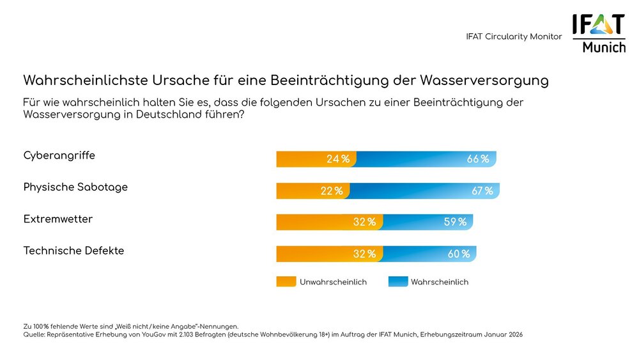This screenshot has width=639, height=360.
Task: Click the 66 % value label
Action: [477, 159]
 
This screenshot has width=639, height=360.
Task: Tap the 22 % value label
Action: [331, 191]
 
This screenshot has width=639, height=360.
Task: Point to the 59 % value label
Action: [455, 222]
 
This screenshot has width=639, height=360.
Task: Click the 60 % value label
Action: [458, 254]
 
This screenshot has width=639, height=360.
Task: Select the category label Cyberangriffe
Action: [59, 155]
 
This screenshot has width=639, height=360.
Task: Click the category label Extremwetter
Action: [58, 219]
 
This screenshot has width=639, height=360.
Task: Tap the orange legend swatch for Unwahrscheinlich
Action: [286, 281]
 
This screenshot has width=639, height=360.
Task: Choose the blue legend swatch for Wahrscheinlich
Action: [397, 281]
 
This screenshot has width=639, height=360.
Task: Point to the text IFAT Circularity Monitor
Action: [514, 36]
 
